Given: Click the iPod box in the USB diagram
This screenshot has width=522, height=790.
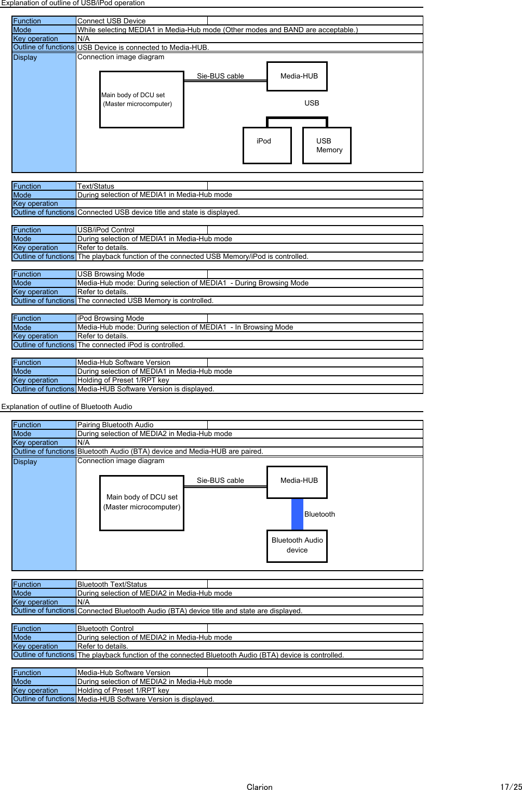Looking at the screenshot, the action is (x=267, y=146).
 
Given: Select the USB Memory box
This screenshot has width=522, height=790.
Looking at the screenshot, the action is (x=327, y=146).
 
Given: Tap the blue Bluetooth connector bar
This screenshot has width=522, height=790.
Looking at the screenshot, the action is (x=297, y=514).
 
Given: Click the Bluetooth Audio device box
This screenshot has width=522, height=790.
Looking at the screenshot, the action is (x=297, y=546).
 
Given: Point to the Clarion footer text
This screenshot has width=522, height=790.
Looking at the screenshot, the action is (x=259, y=787).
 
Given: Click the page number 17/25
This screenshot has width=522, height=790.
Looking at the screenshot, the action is (x=511, y=787).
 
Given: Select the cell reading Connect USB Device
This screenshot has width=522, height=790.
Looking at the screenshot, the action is (x=112, y=21).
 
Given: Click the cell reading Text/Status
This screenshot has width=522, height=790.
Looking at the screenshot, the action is (x=96, y=186).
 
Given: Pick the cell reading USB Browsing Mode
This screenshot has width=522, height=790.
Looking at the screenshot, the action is (x=111, y=274).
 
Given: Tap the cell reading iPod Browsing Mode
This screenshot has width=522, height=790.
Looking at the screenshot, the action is (x=111, y=318).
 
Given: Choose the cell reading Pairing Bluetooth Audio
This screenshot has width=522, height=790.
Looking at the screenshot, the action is (x=115, y=425).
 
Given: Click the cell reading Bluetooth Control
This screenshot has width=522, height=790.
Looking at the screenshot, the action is (x=105, y=628).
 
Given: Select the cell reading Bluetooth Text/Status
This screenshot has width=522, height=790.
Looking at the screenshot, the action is (x=112, y=584).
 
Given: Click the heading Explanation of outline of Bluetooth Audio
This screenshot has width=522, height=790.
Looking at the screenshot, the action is (x=67, y=406).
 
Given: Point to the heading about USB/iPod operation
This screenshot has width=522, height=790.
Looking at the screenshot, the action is (x=73, y=3).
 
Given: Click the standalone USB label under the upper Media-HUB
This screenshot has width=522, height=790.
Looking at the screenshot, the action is (x=312, y=103).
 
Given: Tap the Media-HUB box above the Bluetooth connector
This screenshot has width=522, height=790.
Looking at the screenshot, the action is (x=297, y=482).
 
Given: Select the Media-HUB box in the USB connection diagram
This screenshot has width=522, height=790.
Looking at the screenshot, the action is (x=297, y=76).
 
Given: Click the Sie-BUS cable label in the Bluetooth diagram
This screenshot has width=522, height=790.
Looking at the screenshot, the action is (x=220, y=480).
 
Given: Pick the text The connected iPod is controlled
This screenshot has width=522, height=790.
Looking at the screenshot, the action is (x=131, y=345).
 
